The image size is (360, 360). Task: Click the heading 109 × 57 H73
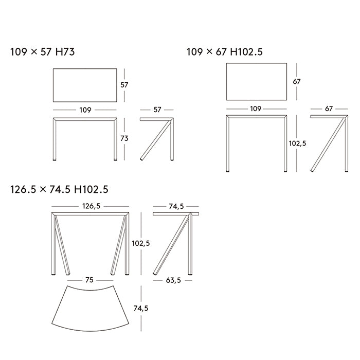point(43,51)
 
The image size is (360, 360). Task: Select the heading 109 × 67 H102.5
point(225,51)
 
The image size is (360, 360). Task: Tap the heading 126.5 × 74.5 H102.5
point(59,189)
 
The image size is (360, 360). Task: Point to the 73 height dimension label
point(124,138)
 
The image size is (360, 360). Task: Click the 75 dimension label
point(89,280)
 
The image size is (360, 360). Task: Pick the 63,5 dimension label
point(173,280)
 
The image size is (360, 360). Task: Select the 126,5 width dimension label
point(92,206)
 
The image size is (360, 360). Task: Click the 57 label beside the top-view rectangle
point(124,85)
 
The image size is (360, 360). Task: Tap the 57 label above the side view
point(157,110)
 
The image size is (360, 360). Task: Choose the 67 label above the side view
point(329,109)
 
